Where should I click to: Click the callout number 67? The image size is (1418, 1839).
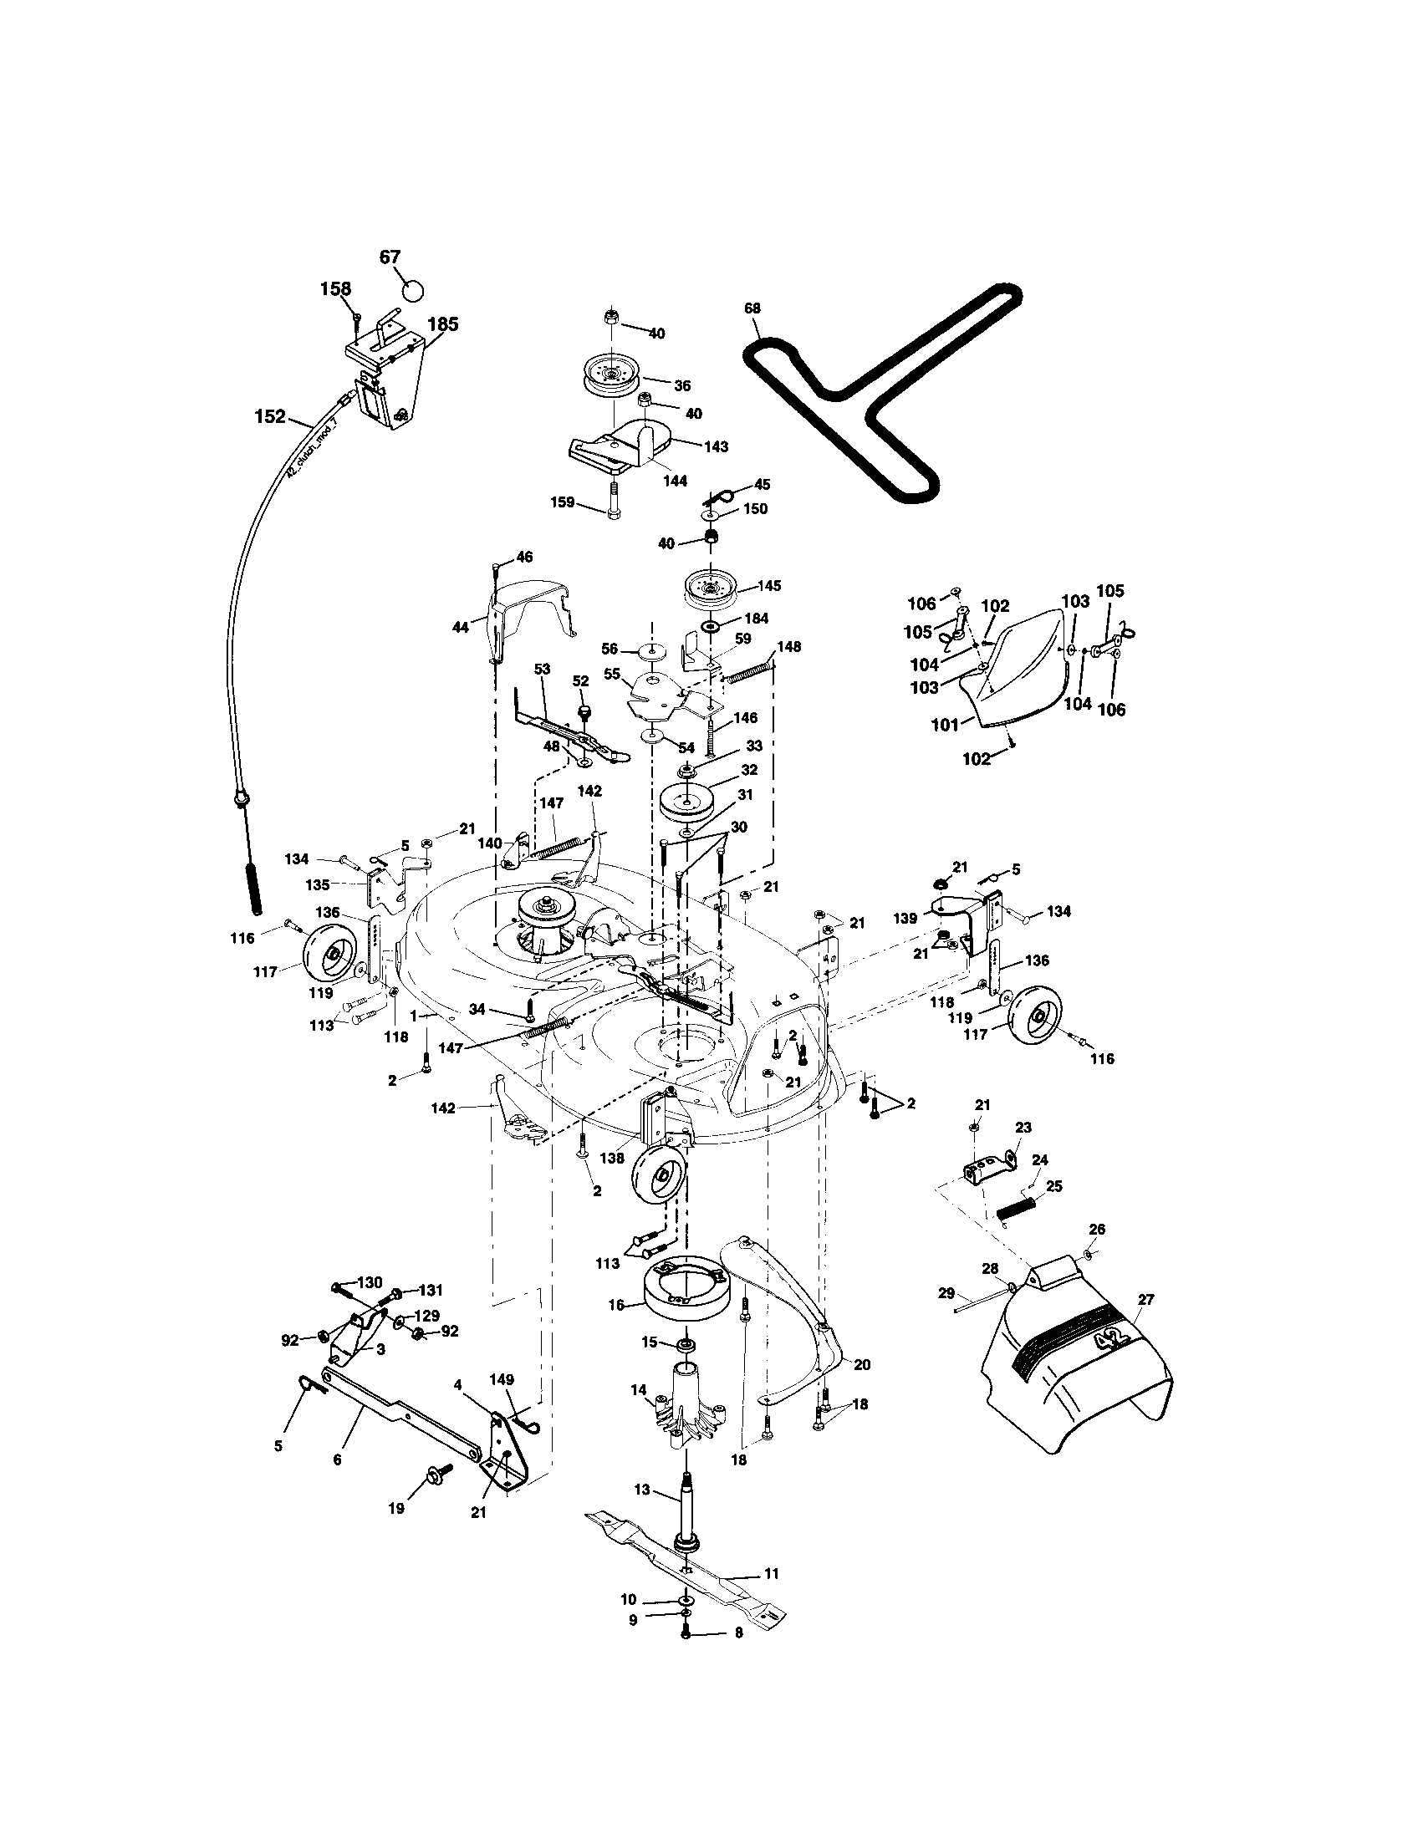click(x=390, y=257)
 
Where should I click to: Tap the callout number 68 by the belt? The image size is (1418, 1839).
click(x=752, y=308)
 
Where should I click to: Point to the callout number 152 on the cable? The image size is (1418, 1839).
click(x=270, y=416)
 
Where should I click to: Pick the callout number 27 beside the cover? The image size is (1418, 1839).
click(x=1145, y=1299)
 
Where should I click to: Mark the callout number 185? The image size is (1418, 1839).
click(x=443, y=324)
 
